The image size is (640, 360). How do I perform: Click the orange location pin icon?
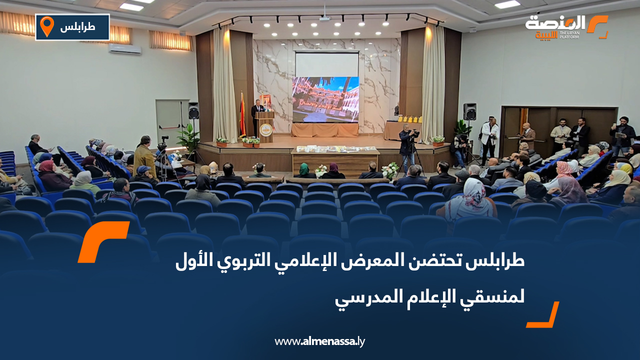(x=46, y=26)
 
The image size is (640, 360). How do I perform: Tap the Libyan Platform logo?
(x=566, y=27)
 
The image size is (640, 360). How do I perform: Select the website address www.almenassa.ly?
(x=319, y=341)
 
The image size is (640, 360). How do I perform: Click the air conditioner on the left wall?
(x=124, y=49)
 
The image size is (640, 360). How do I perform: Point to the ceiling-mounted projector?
(x=324, y=18)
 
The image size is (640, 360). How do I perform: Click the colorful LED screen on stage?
(x=325, y=99)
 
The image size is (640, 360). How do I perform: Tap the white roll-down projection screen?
(x=326, y=64)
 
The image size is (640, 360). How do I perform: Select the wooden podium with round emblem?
(x=265, y=127)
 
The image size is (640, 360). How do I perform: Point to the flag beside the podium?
(x=242, y=115)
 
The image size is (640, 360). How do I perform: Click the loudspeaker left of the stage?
(x=193, y=110)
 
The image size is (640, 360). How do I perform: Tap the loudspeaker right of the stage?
(x=469, y=111)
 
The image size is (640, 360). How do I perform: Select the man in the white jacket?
(x=490, y=136)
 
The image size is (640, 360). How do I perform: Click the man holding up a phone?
(x=622, y=133)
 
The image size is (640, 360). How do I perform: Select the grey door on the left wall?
(x=169, y=122)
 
